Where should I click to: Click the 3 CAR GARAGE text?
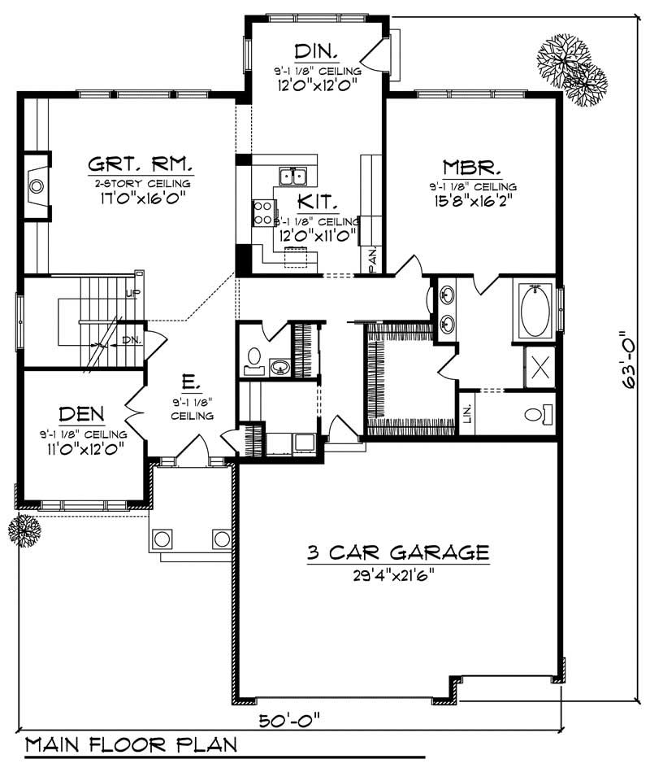397,553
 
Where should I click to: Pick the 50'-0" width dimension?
290,719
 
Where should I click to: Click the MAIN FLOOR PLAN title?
131,744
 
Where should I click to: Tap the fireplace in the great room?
36,186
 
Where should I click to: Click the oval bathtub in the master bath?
535,311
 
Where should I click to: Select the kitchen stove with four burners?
262,213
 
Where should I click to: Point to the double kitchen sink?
291,175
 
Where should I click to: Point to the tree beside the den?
24,530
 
